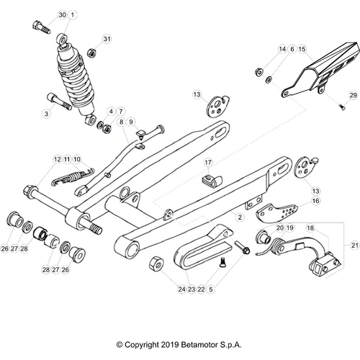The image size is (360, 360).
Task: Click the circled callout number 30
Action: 62,15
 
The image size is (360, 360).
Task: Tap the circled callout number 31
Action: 107,38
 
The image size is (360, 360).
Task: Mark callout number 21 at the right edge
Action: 354,246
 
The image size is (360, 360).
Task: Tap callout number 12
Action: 57,158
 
